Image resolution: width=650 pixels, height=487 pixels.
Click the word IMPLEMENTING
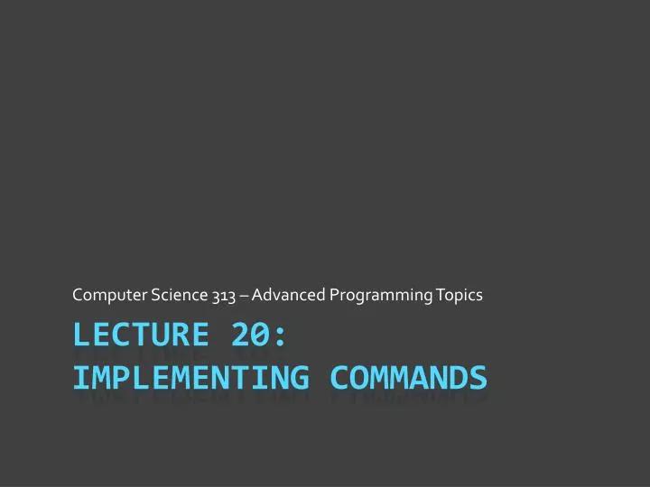pos(184,375)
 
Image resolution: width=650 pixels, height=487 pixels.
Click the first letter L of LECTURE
pos(80,335)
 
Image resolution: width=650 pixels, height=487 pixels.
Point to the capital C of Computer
pos(77,295)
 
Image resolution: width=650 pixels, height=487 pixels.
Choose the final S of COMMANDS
pos(478,375)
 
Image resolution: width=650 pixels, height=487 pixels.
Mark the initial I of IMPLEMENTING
pos(80,375)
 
